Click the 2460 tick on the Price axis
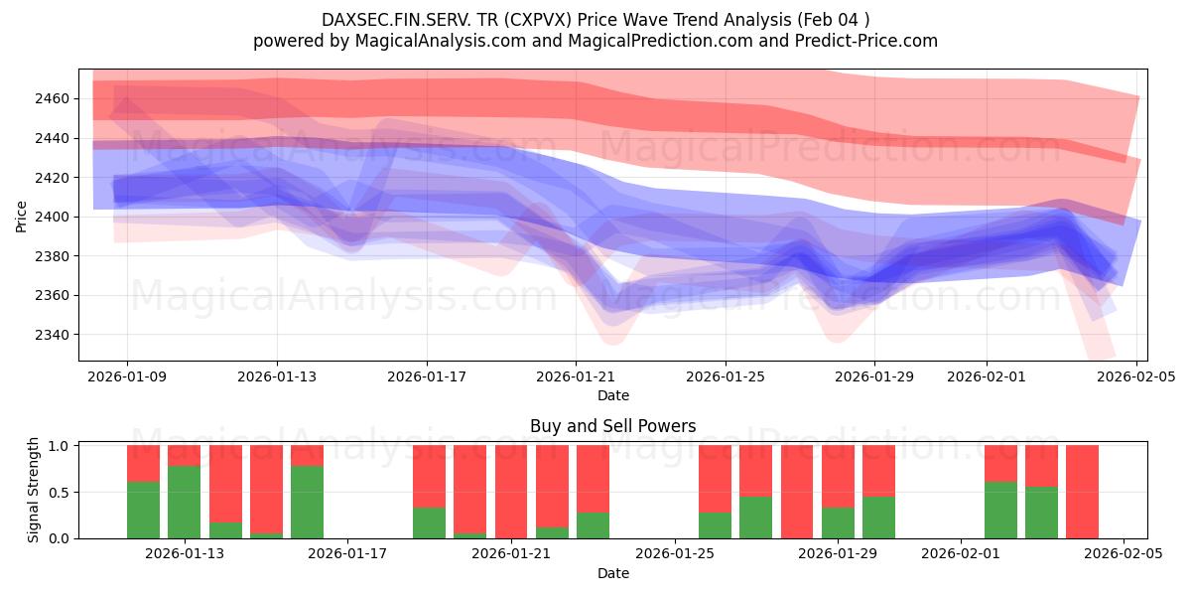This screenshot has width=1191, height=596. [56, 98]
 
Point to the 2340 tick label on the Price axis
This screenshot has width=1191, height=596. [56, 335]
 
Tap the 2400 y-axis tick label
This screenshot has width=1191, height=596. [56, 217]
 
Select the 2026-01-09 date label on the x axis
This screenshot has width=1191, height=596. [127, 376]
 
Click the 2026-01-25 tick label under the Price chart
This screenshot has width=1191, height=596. [725, 376]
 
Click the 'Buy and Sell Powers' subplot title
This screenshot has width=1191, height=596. [612, 426]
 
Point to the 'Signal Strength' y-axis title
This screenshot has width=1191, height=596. [34, 490]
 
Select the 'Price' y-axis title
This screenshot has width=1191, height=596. [22, 216]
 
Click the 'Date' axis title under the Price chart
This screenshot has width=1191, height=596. [612, 395]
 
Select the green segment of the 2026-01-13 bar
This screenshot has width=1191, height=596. [185, 502]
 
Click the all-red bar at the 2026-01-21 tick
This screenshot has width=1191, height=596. [511, 492]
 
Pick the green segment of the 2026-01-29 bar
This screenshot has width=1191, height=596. [839, 522]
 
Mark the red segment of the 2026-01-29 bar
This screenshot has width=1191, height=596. [839, 476]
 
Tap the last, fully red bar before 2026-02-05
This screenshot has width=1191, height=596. [1082, 492]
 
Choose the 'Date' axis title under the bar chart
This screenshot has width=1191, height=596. [612, 573]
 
